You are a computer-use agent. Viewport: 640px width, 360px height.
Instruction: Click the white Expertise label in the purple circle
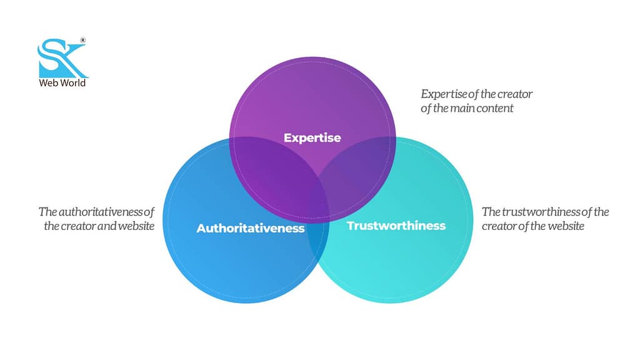tap(312, 137)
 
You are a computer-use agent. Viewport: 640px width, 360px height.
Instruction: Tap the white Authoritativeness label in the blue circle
tap(250, 228)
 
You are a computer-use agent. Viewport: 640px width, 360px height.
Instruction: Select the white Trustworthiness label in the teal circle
tap(396, 225)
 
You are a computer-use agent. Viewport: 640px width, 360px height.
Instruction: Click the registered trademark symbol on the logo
tap(83, 41)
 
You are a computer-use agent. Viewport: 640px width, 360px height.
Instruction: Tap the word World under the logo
tap(72, 82)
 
